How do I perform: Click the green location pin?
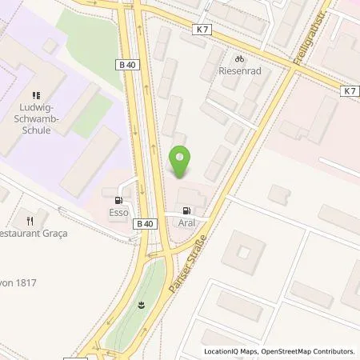[x=182, y=162]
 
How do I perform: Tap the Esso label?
[x=119, y=214]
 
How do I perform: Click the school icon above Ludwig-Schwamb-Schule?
[x=38, y=94]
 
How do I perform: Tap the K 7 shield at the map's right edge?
[x=350, y=91]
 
